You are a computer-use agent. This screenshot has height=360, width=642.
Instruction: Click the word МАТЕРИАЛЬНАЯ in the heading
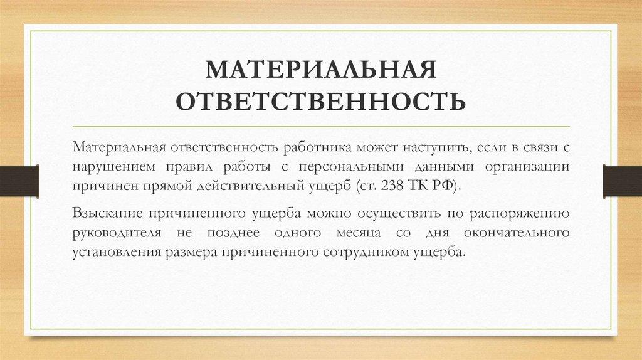[320, 70]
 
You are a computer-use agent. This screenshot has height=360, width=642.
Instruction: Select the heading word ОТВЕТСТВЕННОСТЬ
[320, 102]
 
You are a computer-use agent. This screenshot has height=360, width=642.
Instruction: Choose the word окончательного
[517, 232]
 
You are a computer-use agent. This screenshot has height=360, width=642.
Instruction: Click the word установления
[113, 251]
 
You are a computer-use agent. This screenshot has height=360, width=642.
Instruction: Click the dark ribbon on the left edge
[19, 179]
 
